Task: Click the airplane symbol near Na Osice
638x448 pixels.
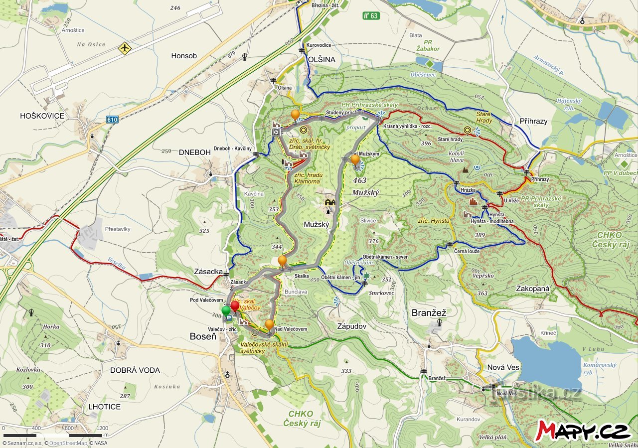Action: pyautogui.click(x=124, y=48)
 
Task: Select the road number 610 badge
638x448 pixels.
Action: pyautogui.click(x=112, y=120)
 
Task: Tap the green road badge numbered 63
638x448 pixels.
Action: pyautogui.click(x=371, y=15)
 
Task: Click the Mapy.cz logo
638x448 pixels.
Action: pyautogui.click(x=584, y=431)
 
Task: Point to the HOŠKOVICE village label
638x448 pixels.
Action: pyautogui.click(x=42, y=116)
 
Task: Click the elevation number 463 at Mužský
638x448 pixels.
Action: pyautogui.click(x=359, y=180)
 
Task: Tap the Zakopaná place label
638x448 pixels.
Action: pyautogui.click(x=533, y=288)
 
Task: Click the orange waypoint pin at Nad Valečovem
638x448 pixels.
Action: pyautogui.click(x=269, y=325)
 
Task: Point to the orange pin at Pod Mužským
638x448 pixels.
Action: pyautogui.click(x=355, y=160)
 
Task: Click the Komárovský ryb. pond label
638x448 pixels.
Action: pyautogui.click(x=599, y=368)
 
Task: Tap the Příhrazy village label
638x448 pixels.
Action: pyautogui.click(x=533, y=121)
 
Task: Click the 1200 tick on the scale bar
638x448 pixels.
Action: pyautogui.click(x=102, y=428)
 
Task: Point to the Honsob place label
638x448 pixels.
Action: pyautogui.click(x=184, y=56)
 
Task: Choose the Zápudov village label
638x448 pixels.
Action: pyautogui.click(x=352, y=326)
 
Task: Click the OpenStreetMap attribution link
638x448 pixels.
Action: pyautogui.click(x=68, y=443)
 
